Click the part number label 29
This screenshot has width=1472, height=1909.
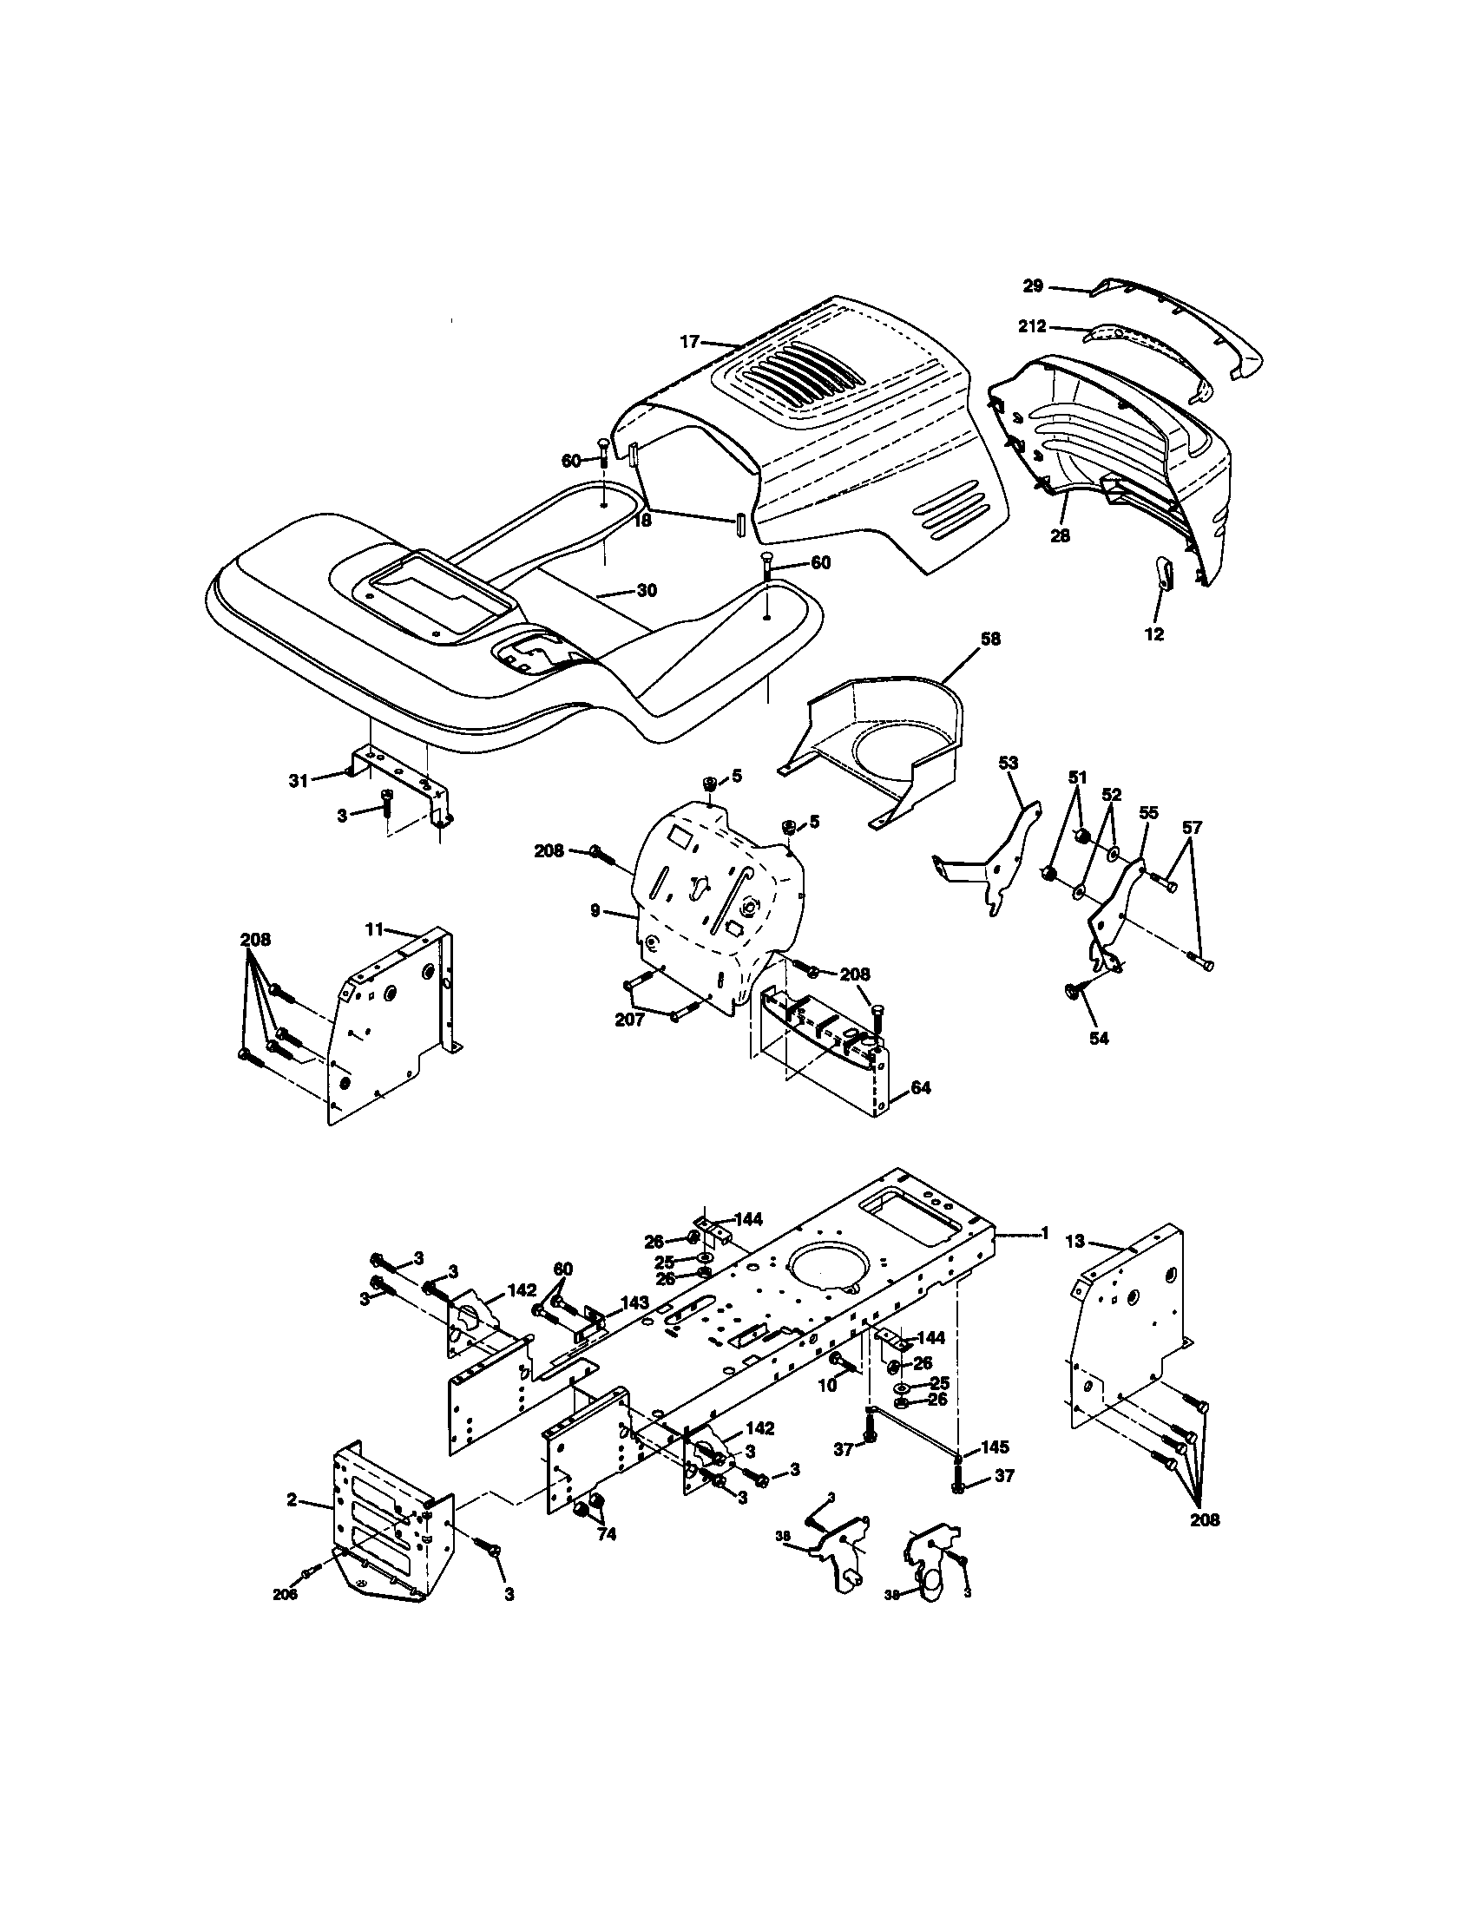point(1033,285)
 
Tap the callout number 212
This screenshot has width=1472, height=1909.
point(1032,328)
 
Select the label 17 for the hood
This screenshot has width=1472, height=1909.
point(690,342)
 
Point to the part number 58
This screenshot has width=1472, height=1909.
point(990,639)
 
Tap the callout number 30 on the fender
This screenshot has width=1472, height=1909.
point(646,591)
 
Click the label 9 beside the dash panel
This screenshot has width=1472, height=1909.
point(595,911)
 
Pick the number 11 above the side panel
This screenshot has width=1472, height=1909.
point(374,929)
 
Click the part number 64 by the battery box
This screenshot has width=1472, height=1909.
point(921,1088)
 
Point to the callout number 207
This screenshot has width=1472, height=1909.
point(629,1020)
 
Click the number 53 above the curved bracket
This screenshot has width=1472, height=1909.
point(1008,762)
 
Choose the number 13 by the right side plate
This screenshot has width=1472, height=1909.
point(1074,1240)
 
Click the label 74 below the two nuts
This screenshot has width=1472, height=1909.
point(606,1534)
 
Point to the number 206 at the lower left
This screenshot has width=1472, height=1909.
point(285,1593)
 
